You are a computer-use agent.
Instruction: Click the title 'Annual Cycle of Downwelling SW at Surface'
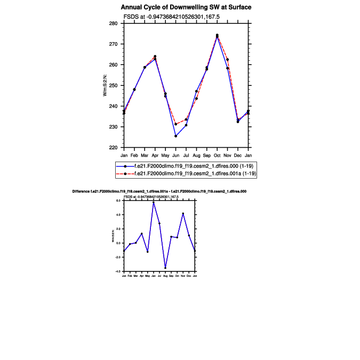click(x=186, y=7)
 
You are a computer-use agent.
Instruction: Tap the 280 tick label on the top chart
click(x=113, y=24)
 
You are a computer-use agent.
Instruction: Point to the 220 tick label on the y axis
click(x=113, y=148)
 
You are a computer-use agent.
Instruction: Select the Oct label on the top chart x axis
click(x=217, y=155)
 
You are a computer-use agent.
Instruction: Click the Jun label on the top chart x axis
click(x=175, y=155)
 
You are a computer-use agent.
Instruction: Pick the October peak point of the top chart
click(x=217, y=35)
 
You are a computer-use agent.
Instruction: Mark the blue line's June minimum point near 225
click(x=175, y=136)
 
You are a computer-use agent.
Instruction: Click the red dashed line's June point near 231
click(x=175, y=124)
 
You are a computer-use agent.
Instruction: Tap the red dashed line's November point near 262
click(x=228, y=59)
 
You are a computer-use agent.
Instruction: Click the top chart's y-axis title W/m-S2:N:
click(x=105, y=86)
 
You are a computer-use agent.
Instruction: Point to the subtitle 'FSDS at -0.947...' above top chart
click(x=164, y=17)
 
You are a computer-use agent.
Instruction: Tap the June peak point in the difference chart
click(x=153, y=202)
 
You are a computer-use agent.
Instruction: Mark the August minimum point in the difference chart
click(x=165, y=268)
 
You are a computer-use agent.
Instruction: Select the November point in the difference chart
click(x=183, y=213)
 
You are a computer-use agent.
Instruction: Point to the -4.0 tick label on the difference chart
click(x=119, y=271)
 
